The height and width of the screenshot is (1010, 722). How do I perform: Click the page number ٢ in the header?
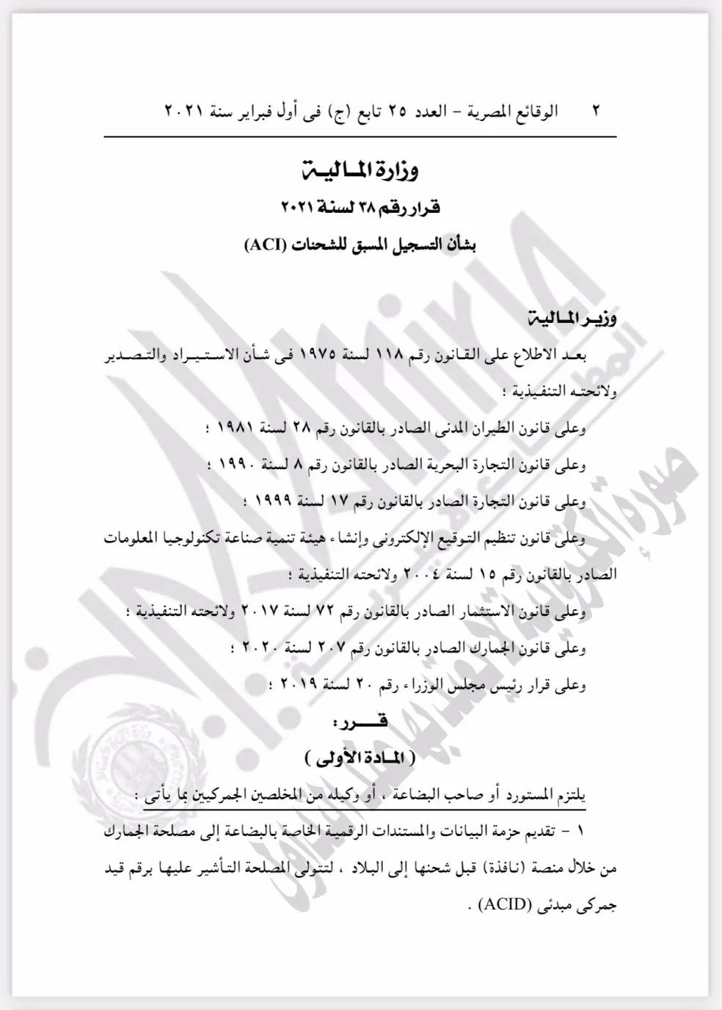[595, 112]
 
